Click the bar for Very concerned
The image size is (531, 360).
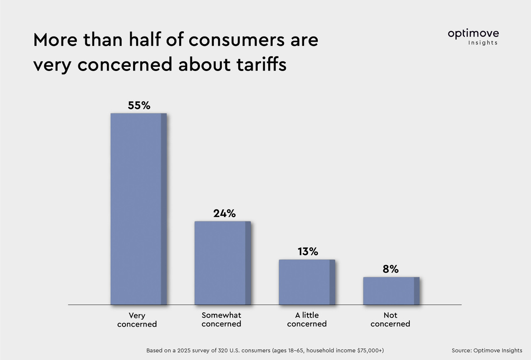(x=138, y=209)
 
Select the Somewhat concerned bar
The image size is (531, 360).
(x=222, y=263)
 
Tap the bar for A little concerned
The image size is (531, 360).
(x=307, y=282)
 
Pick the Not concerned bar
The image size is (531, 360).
(x=391, y=291)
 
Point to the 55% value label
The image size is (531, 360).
(x=139, y=105)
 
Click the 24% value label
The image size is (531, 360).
(x=224, y=213)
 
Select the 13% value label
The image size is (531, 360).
(x=307, y=251)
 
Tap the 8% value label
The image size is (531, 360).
(x=391, y=269)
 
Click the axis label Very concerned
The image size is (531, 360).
(x=137, y=320)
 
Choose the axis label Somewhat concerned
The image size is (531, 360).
(x=221, y=320)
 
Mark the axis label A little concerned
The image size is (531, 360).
(x=307, y=320)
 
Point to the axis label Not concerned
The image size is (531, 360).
(x=390, y=320)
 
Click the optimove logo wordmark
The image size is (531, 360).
(x=473, y=34)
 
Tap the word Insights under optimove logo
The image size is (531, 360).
(x=483, y=43)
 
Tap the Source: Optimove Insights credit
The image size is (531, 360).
(x=487, y=350)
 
